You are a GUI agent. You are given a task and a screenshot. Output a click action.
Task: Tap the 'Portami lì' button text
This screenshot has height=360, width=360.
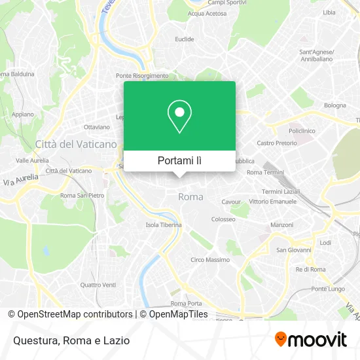click(x=179, y=160)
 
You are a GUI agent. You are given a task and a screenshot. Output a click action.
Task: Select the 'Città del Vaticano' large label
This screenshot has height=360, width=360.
click(x=76, y=144)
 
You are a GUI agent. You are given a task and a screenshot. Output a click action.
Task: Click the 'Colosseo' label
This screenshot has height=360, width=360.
click(x=223, y=219)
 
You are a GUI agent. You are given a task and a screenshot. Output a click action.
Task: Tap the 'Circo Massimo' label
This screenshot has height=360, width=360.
click(x=209, y=260)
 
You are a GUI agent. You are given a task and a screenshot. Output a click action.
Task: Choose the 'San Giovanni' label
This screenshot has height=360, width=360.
click(x=289, y=249)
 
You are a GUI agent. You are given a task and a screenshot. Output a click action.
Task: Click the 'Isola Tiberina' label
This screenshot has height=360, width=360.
click(x=164, y=225)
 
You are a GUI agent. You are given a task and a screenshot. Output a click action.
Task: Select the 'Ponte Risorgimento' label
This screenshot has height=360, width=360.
click(x=142, y=75)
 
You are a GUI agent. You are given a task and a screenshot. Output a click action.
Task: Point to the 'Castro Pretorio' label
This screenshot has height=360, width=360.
click(x=277, y=143)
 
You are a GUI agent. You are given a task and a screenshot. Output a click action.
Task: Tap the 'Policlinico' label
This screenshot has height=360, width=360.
click(x=302, y=131)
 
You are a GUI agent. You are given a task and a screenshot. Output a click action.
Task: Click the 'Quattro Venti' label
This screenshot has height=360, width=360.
click(x=98, y=284)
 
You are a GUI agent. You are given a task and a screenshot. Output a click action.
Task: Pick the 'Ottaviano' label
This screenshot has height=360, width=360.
click(x=96, y=126)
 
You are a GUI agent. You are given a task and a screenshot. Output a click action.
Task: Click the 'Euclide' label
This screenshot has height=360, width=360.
click(x=185, y=39)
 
